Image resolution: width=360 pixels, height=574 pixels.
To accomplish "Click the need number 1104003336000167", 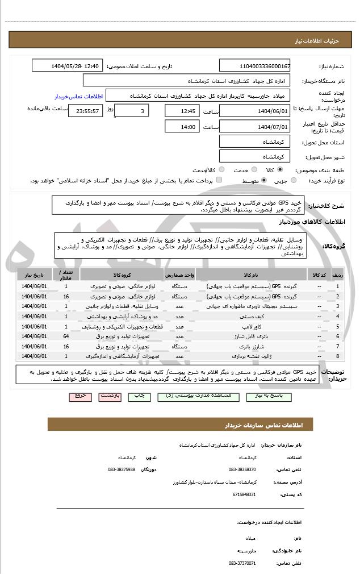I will pyautogui.click(x=254, y=66).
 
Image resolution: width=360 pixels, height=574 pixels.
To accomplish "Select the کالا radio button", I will pyautogui.click(x=280, y=169).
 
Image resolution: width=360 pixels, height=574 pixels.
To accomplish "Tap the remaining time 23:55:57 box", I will pyautogui.click(x=85, y=111).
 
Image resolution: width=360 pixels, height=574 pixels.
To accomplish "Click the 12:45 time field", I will pyautogui.click(x=183, y=111).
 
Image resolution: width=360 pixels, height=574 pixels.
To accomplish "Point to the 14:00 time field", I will pyautogui.click(x=183, y=127).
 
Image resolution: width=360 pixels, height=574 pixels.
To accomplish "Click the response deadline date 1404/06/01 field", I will pyautogui.click(x=254, y=111).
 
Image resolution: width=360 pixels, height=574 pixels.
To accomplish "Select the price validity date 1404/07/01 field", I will pyautogui.click(x=254, y=127).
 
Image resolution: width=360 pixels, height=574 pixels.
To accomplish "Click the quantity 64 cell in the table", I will pyautogui.click(x=66, y=336).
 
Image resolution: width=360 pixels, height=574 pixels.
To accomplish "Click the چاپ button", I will pyautogui.click(x=140, y=396).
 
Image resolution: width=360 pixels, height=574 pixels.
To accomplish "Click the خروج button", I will pyautogui.click(x=79, y=396).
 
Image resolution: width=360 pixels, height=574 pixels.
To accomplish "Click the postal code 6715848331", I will pyautogui.click(x=243, y=494).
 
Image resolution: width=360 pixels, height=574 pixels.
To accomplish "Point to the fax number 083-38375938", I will pyautogui.click(x=122, y=469).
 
